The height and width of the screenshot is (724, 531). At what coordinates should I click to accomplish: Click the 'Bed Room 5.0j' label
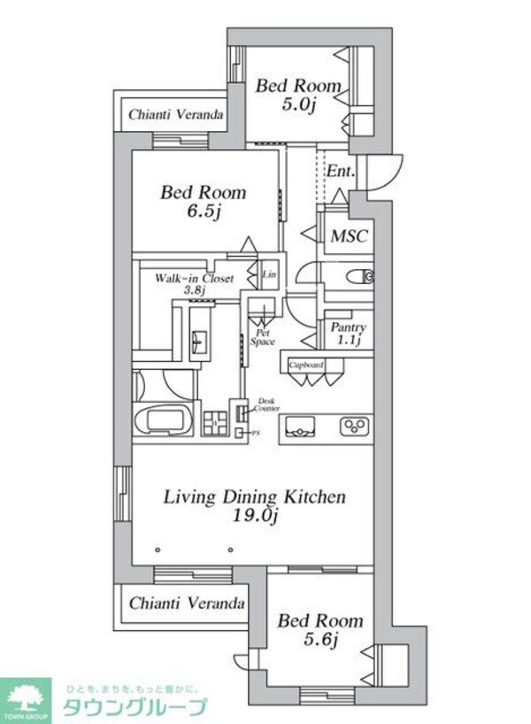pos(298,96)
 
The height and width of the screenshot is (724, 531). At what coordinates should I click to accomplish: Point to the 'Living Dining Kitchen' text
pos(254,497)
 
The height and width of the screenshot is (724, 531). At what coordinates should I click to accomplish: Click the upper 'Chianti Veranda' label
pos(175,115)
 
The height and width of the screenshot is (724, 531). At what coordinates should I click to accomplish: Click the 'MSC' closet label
pos(348,236)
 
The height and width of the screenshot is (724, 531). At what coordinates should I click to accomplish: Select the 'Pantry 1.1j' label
pos(348,333)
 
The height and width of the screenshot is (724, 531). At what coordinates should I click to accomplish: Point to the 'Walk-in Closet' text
pos(194,278)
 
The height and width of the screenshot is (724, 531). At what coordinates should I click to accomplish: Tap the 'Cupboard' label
pos(306,364)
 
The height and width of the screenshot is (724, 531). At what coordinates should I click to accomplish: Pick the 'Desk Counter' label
pos(268,404)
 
